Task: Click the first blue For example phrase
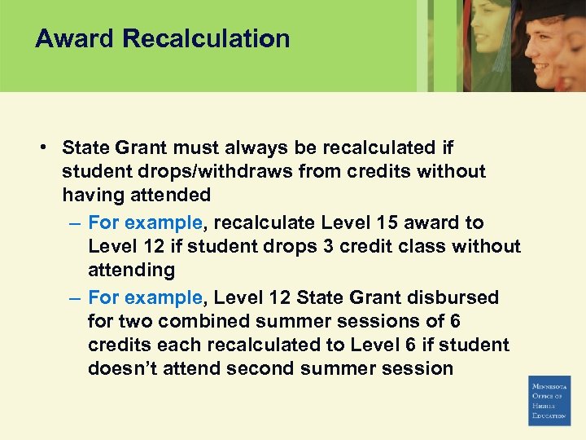pos(145,222)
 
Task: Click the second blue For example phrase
pos(145,297)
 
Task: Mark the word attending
pos(131,270)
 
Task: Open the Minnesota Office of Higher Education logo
pos(549,400)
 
